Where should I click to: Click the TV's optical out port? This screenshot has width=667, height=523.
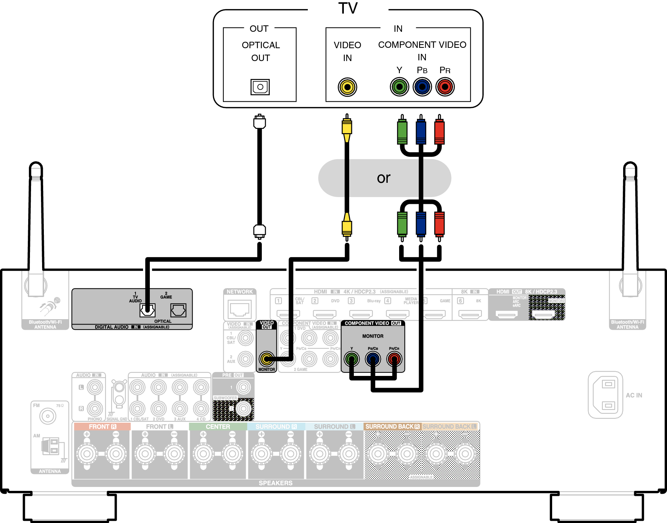260,87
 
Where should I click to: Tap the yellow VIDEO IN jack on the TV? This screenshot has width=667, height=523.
347,87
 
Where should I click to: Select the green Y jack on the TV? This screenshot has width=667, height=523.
399,87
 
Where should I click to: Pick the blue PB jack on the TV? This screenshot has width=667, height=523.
422,87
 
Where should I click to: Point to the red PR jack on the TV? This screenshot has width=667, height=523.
445,87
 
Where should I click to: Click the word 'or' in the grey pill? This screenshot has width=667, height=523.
384,178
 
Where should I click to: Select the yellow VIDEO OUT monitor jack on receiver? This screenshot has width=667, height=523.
266,359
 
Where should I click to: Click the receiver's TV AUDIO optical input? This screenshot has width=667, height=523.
147,310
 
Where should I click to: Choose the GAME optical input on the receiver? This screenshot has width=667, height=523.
178,310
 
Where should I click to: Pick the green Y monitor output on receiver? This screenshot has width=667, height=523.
352,359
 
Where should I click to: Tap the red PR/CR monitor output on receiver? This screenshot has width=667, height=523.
394,359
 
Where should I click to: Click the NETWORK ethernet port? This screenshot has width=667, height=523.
240,309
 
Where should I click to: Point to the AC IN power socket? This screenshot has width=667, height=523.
606,395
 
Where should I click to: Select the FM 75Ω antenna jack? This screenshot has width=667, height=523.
48,416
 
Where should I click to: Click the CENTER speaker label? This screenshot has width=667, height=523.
218,427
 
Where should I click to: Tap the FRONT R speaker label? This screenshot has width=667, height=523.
102,427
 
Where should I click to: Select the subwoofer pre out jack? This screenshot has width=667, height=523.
244,408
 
